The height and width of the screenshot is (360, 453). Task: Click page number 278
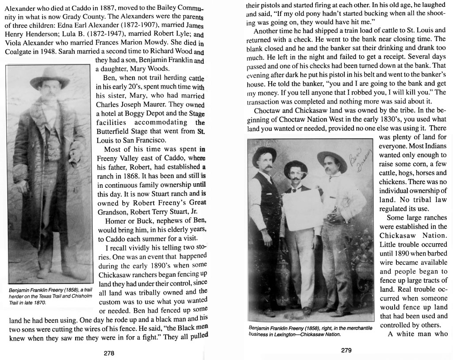pyautogui.click(x=109, y=353)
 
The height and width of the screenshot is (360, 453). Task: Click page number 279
pyautogui.click(x=346, y=351)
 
